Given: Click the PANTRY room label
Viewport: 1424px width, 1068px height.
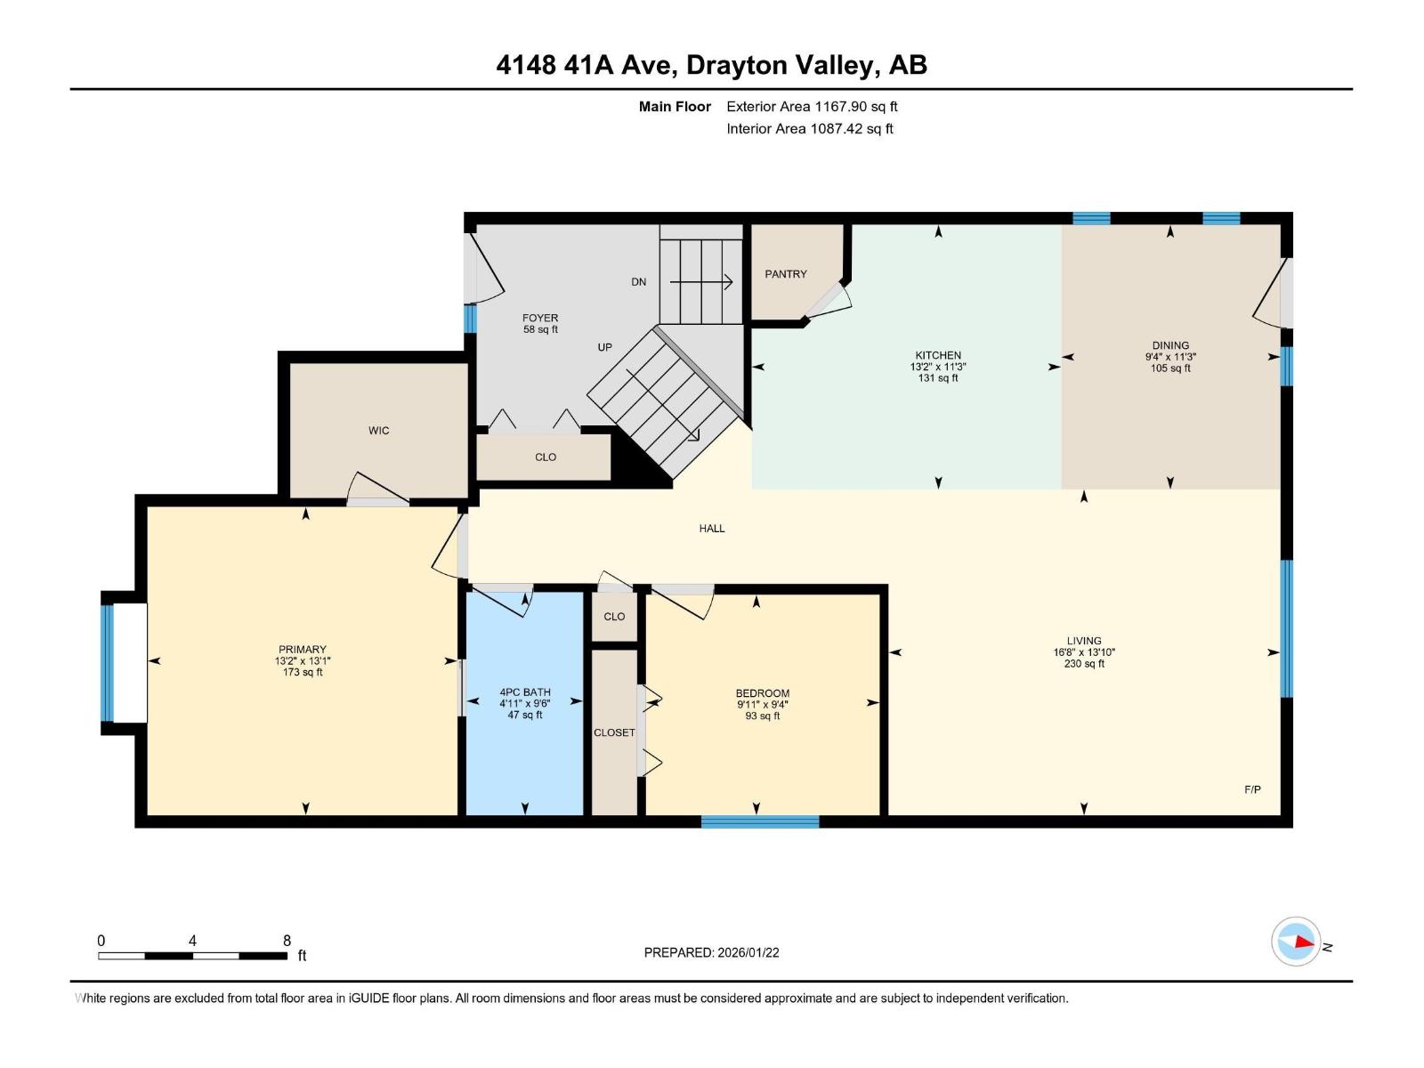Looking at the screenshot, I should [x=786, y=274].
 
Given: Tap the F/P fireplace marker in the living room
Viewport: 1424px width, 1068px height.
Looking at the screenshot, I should [x=1252, y=789].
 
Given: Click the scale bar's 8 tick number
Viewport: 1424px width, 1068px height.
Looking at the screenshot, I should [x=287, y=941].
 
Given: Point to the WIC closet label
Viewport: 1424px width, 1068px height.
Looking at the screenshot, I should [x=378, y=431].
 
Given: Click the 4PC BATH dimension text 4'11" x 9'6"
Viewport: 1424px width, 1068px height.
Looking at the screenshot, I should [x=525, y=704].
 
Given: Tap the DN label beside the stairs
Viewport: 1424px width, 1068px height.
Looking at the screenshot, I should [x=639, y=282].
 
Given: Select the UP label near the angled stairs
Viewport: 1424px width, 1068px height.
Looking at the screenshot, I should [x=605, y=347].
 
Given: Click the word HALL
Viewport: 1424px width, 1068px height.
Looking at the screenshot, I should [x=712, y=529].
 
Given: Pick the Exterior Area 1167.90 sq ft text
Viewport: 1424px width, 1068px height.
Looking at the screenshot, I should [x=812, y=107].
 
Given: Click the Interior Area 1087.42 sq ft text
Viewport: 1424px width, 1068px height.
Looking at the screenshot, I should [x=810, y=129].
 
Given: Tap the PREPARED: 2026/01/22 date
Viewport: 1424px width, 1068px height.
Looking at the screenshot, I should [x=712, y=952].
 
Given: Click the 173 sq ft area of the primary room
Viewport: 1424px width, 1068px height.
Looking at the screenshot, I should [x=303, y=673].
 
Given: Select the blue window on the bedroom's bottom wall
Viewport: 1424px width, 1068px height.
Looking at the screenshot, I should [x=760, y=821].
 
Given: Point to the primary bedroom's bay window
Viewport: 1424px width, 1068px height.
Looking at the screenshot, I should [x=108, y=663].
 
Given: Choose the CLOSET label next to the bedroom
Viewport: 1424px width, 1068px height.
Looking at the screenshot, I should [x=614, y=732].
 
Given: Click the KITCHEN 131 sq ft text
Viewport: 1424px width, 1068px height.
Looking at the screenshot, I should [x=938, y=378].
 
